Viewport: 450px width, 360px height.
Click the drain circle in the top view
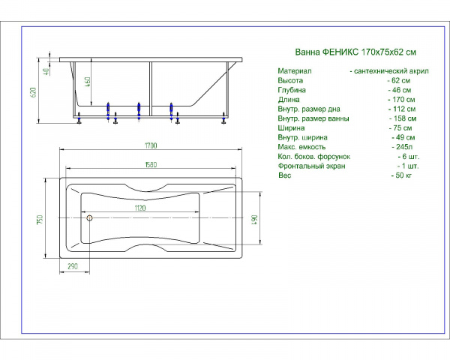click(x=89, y=218)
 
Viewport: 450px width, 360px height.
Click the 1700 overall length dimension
click(x=151, y=145)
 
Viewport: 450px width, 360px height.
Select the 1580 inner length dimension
click(x=151, y=165)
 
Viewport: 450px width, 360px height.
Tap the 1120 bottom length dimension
click(x=140, y=208)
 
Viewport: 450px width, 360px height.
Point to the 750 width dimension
click(x=40, y=220)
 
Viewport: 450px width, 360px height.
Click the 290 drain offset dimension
click(x=73, y=266)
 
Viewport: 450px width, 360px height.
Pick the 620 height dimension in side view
click(x=33, y=92)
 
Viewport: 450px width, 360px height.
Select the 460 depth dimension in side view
click(x=88, y=82)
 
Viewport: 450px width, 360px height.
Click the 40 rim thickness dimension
click(x=46, y=71)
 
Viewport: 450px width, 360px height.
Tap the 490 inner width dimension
click(x=254, y=220)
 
